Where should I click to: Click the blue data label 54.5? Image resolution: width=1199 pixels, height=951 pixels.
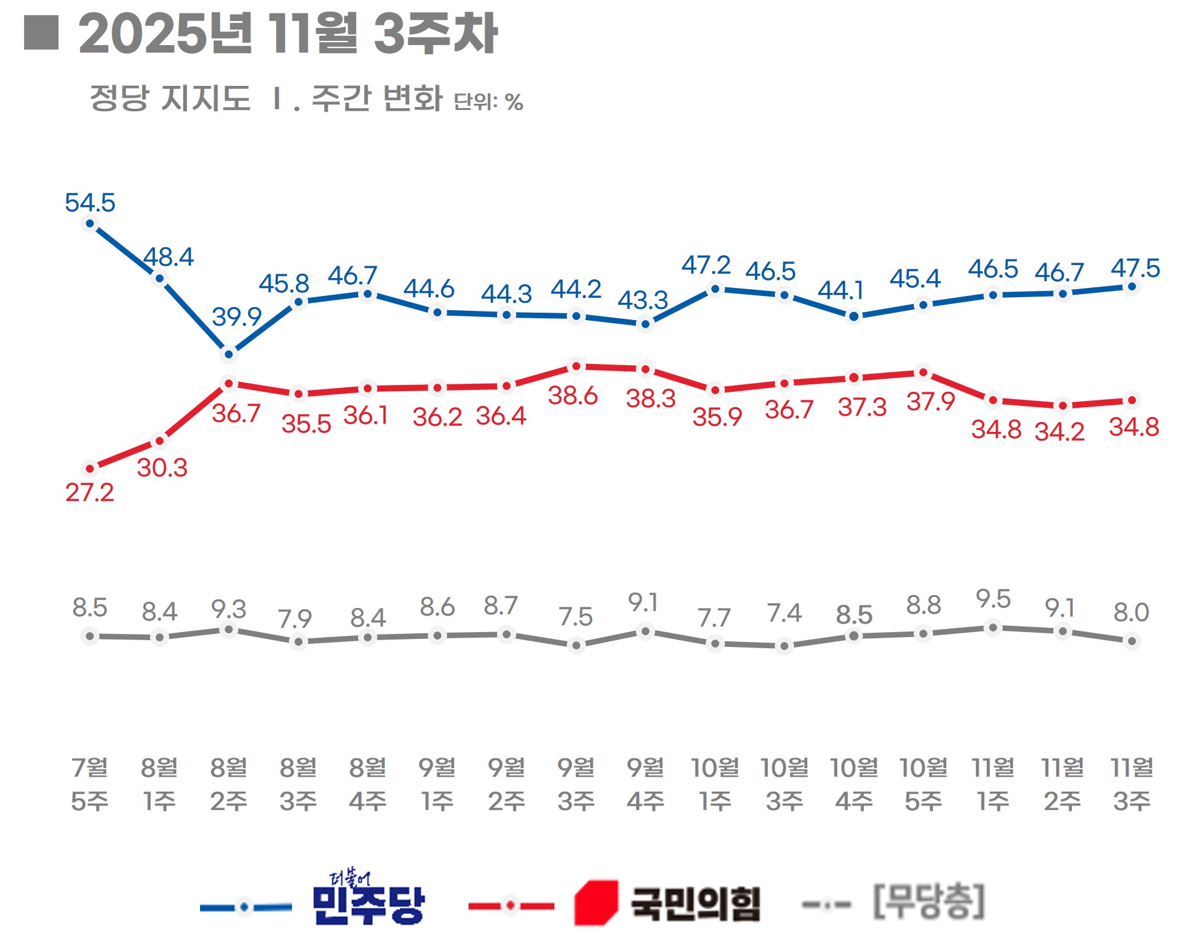(90, 203)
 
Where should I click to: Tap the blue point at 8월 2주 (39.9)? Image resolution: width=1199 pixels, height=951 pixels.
(229, 354)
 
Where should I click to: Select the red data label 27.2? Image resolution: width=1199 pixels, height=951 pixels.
(90, 492)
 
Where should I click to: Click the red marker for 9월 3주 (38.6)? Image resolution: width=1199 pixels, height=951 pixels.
(576, 366)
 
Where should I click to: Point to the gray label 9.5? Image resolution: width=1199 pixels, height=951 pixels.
(993, 599)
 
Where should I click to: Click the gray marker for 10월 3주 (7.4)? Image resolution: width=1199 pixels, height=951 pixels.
(784, 646)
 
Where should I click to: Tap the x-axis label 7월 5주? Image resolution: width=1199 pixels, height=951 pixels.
(90, 784)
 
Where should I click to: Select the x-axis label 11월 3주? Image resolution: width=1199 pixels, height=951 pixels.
(1132, 784)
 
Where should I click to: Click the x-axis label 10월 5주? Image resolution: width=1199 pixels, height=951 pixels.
(923, 784)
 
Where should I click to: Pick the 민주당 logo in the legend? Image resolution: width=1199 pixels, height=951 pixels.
(369, 897)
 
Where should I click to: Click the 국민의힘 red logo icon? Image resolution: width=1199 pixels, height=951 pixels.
(596, 903)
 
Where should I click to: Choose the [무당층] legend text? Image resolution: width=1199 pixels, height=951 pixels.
(929, 902)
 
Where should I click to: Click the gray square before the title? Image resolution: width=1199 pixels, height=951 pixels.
(41, 32)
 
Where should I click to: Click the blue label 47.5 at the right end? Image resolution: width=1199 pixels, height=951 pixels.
(1135, 268)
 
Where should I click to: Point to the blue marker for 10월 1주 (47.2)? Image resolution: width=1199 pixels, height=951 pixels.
(715, 289)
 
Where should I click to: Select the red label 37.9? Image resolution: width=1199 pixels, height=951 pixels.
(930, 402)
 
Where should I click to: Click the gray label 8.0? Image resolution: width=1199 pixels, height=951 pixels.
(1131, 612)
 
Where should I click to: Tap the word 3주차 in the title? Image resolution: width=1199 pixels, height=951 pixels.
(435, 34)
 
